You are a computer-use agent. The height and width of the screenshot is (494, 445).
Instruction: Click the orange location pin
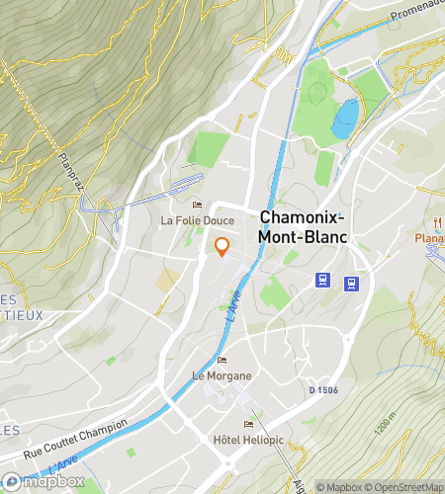click(x=222, y=247)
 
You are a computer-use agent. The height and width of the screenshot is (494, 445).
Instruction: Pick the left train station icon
click(x=322, y=280)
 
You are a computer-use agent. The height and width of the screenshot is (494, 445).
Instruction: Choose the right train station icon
click(x=350, y=285)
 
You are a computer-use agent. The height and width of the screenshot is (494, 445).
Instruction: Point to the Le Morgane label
click(x=222, y=375)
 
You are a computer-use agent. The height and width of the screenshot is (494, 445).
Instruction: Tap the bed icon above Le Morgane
click(x=222, y=360)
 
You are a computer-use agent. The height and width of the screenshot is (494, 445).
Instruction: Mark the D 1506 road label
click(x=323, y=391)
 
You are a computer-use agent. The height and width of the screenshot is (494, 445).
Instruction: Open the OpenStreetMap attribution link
click(x=406, y=486)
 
